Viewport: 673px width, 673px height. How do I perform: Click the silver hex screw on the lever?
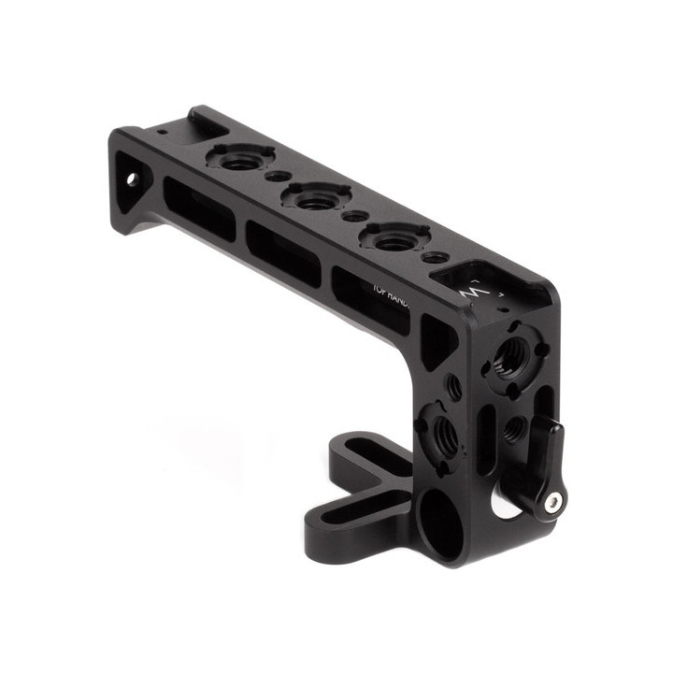pos(553,504)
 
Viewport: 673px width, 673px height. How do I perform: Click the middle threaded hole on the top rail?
pos(317,199)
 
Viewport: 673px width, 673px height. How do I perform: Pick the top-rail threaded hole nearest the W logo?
pos(396,240)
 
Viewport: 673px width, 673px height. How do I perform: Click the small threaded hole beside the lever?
pos(512,429)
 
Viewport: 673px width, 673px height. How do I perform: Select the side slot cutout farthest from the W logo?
pos(196,207)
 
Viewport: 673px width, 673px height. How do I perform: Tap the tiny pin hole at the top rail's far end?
pos(165,134)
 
